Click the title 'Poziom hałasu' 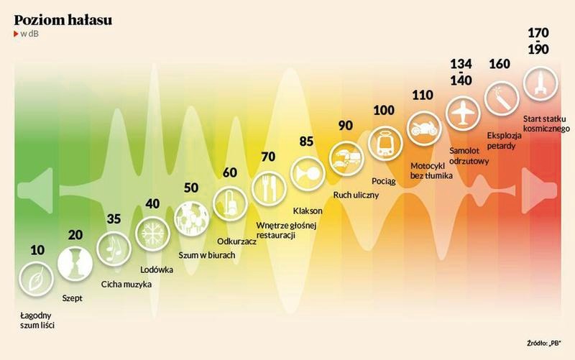[x=63, y=20]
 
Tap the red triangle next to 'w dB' [x=16, y=34]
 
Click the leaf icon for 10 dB [x=37, y=279]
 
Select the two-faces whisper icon [x=75, y=264]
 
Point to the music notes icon [x=114, y=249]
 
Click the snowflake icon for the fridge [x=152, y=233]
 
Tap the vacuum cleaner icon [x=230, y=203]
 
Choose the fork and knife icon [x=269, y=188]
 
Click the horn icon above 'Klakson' [x=308, y=173]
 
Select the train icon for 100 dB [x=385, y=143]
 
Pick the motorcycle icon [x=424, y=129]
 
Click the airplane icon [x=463, y=114]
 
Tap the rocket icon [x=540, y=83]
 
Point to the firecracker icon [x=501, y=98]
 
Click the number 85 [x=307, y=142]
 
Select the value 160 [x=500, y=64]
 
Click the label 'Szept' [x=73, y=298]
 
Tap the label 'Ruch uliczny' [x=356, y=195]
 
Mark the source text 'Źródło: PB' [x=544, y=343]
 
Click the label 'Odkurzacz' [x=236, y=241]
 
